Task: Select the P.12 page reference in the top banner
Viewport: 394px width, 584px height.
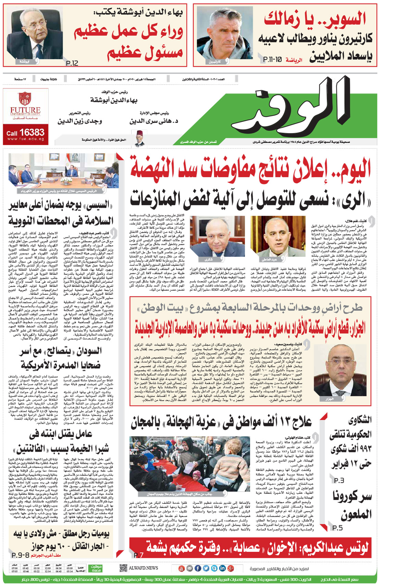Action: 72,63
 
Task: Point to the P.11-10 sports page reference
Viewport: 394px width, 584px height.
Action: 272,60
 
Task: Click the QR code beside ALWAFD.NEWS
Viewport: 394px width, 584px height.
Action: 123,568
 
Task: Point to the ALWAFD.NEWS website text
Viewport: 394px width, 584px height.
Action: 143,568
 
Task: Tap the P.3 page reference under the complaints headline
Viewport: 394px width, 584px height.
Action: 339,480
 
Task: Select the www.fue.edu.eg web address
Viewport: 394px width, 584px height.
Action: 25,139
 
